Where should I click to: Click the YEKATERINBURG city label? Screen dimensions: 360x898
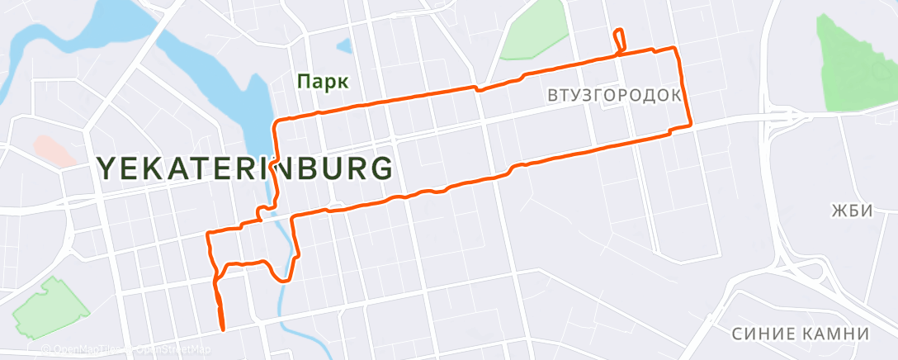(x=244, y=168)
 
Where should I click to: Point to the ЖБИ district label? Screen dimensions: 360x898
(x=851, y=211)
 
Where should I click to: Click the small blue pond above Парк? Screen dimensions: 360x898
(x=344, y=46)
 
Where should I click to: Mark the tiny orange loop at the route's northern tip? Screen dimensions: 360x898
(x=619, y=39)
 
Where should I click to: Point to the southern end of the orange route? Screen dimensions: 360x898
(x=223, y=328)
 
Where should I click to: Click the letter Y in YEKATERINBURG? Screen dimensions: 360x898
(x=106, y=168)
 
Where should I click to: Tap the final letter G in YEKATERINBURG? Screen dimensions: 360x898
(x=380, y=168)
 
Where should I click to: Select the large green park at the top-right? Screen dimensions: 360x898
(x=854, y=62)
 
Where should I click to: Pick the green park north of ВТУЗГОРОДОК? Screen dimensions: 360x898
(x=534, y=32)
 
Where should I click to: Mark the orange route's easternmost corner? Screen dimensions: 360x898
(x=690, y=126)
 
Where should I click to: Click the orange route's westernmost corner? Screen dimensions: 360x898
(x=207, y=235)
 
